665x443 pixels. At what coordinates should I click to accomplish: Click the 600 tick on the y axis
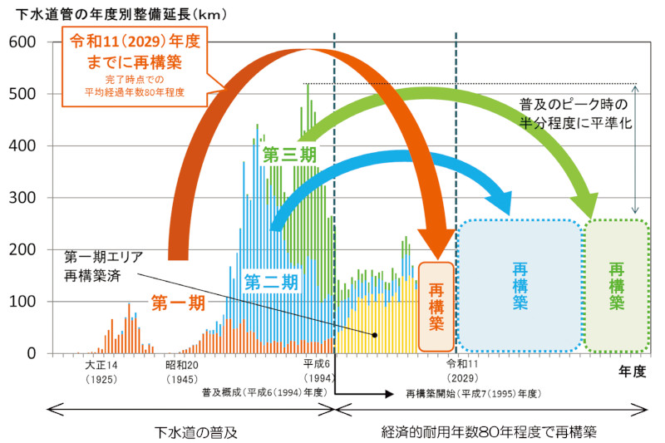[22, 42]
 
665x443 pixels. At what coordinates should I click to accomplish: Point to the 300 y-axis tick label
[22, 198]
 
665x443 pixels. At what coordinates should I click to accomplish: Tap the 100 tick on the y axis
[22, 302]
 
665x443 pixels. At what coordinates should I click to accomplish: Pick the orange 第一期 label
[178, 303]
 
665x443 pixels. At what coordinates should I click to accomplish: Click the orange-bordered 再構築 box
[436, 306]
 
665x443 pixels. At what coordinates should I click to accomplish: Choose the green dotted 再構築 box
[617, 285]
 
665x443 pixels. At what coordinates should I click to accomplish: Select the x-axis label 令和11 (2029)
[462, 371]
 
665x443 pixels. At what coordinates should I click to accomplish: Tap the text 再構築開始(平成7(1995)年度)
[473, 391]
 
